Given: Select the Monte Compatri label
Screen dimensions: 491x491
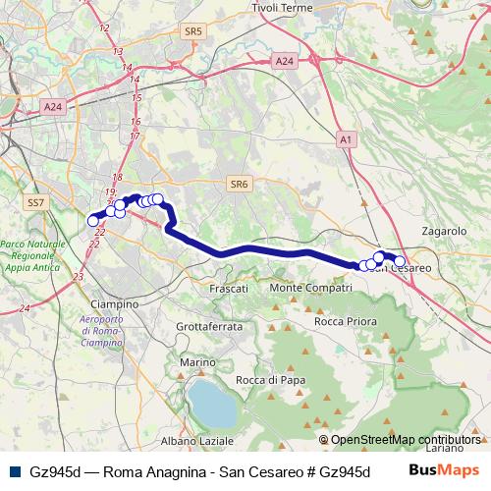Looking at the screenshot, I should click(310, 288).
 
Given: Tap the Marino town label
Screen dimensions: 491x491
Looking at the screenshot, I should click(196, 362).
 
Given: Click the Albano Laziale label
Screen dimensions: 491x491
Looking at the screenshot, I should click(197, 441).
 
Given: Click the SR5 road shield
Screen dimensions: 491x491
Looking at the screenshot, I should click(192, 31).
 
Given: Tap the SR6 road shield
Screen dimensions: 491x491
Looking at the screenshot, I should click(240, 183).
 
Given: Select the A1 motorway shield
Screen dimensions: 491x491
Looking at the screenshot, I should click(344, 140).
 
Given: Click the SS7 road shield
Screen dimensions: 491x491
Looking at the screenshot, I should click(36, 202).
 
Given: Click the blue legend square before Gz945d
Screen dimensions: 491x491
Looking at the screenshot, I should click(13, 471).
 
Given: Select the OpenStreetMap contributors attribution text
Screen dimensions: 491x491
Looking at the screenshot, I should click(405, 440).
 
